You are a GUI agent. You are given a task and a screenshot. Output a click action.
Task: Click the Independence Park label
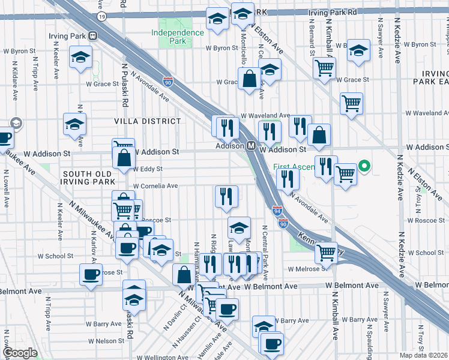177,37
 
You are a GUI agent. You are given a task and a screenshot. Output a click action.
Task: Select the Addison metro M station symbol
253,146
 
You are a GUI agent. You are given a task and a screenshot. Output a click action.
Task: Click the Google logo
20,353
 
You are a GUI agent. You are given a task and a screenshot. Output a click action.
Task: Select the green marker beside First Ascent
363,166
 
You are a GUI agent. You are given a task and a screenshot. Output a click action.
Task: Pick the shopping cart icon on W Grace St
324,68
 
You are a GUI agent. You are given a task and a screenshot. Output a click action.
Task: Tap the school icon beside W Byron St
358,51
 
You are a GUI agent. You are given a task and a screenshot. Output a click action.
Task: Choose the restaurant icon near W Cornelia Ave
226,196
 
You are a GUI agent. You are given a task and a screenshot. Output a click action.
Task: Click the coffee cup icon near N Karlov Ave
91,274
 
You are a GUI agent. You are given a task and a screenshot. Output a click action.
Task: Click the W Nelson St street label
106,341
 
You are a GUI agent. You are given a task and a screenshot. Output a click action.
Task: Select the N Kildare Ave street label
15,77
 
